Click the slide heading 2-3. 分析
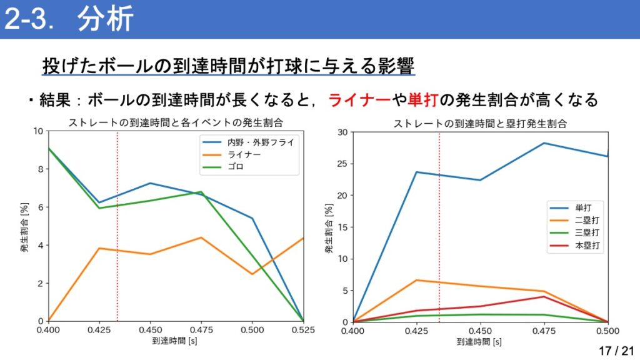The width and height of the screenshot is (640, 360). point(69,19)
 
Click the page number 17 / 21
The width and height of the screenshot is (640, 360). point(616,351)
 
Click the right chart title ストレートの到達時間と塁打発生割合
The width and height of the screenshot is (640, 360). point(480,123)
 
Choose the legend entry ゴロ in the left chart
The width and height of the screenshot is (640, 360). point(236,167)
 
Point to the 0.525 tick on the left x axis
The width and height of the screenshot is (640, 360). point(302,329)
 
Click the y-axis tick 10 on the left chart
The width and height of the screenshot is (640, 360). point(38,131)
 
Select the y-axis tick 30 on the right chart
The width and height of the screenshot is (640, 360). point(343,132)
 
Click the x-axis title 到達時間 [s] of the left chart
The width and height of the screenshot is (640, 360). point(175,342)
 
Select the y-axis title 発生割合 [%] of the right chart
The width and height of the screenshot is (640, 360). point(328,226)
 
